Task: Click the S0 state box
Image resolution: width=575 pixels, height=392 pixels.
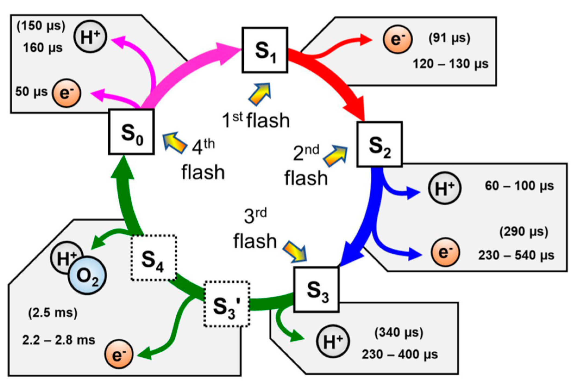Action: [x=131, y=132]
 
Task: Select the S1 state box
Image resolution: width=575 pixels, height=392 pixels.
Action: [x=265, y=50]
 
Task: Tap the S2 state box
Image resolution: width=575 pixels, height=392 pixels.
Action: [x=379, y=144]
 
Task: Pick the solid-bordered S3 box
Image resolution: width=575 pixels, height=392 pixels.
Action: [x=316, y=289]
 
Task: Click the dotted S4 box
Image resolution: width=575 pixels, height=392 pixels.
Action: [x=153, y=258]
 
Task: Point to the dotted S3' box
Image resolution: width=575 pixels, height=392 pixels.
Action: [x=227, y=304]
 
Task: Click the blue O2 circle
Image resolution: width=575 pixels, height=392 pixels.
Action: [x=87, y=275]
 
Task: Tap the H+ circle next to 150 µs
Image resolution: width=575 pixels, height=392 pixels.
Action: [x=90, y=36]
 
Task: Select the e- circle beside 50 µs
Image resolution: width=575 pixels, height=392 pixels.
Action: [x=67, y=93]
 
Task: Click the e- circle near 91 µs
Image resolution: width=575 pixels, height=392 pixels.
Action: [x=398, y=39]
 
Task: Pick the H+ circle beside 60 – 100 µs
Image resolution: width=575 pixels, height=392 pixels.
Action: [x=445, y=188]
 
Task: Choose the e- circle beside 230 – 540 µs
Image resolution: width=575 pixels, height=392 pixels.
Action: [x=445, y=252]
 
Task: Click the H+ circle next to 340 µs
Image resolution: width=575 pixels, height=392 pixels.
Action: [x=333, y=341]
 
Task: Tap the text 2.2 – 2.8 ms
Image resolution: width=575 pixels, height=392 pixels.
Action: [x=59, y=340]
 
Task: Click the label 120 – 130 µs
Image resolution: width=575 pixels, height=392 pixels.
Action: [x=451, y=64]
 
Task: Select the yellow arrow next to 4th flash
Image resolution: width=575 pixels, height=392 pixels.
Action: [x=174, y=143]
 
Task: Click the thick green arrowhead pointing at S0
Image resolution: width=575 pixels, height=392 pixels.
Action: [x=123, y=167]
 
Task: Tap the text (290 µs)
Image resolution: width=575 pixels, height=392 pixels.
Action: [x=524, y=232]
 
